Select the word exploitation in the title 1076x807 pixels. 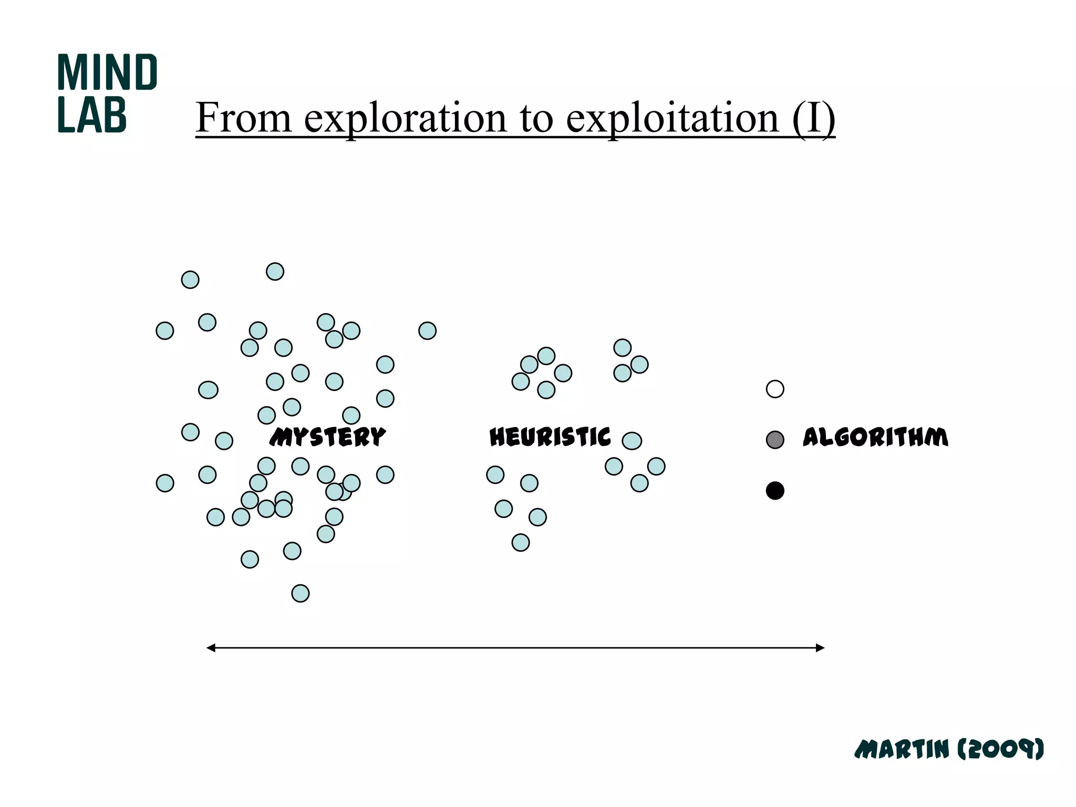pos(672,118)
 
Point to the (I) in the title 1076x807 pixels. pos(813,118)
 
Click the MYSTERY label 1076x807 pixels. pos(327,437)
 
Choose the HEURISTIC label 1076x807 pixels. pos(550,437)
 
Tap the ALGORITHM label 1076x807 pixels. pos(875,437)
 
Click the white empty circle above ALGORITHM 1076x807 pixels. pos(775,389)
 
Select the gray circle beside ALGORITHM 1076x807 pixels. pos(775,440)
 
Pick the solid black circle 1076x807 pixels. pos(775,491)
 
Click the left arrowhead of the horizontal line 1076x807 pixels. pos(211,648)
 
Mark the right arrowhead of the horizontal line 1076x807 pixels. pos(820,648)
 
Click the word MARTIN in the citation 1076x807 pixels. pos(902,749)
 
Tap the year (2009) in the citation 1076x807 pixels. pos(1000,749)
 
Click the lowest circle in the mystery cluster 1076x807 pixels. pos(301,594)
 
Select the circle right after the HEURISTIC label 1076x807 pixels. pos(632,441)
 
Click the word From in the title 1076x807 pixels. pos(243,118)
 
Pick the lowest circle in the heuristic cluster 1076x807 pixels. pos(521,543)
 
